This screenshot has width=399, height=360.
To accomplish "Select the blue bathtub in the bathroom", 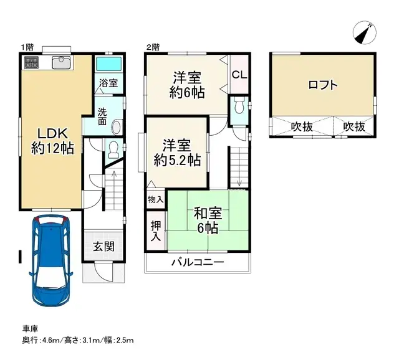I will pyautogui.click(x=109, y=64).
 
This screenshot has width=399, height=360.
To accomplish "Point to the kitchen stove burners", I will pyautogui.click(x=32, y=62).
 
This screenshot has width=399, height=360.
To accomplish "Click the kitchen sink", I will pyautogui.click(x=61, y=62).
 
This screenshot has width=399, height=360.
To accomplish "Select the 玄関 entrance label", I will pyautogui.click(x=104, y=246).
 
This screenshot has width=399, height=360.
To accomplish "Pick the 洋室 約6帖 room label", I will pyautogui.click(x=186, y=85).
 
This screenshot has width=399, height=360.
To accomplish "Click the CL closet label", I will pyautogui.click(x=239, y=75).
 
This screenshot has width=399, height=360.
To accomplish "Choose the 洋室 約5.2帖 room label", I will pyautogui.click(x=177, y=153).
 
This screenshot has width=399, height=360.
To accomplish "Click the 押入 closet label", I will pyautogui.click(x=156, y=229).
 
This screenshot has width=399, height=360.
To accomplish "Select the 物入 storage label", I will pyautogui.click(x=156, y=200).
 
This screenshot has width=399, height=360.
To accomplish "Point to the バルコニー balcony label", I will pyautogui.click(x=198, y=263).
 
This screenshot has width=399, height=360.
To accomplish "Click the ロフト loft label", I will pyautogui.click(x=323, y=85).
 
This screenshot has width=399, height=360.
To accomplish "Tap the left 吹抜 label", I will pyautogui.click(x=302, y=126).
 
